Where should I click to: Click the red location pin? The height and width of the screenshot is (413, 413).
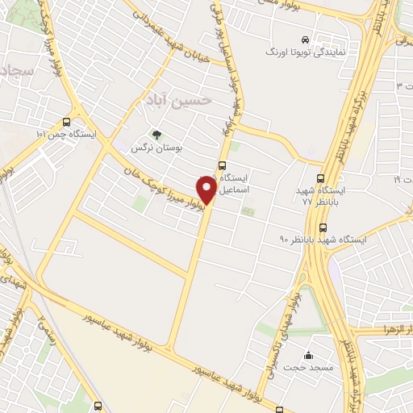pyautogui.click(x=207, y=190)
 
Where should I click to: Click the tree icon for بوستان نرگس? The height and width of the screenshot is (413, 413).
pyautogui.click(x=156, y=136)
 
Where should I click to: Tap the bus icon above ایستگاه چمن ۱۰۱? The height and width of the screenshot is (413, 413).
pyautogui.click(x=66, y=122)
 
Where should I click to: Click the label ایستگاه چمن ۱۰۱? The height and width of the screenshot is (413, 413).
pyautogui.click(x=66, y=134)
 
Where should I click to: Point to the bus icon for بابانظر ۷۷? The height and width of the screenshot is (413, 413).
pyautogui.click(x=322, y=178)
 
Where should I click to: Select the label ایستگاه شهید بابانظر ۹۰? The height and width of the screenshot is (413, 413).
pyautogui.click(x=323, y=240)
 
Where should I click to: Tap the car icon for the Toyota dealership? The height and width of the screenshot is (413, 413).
pyautogui.click(x=305, y=39)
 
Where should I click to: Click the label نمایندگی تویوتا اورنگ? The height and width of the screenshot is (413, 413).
pyautogui.click(x=307, y=51)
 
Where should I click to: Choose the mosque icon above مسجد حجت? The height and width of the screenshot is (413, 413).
pyautogui.click(x=308, y=355)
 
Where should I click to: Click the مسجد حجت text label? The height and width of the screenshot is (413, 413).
pyautogui.click(x=308, y=368)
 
